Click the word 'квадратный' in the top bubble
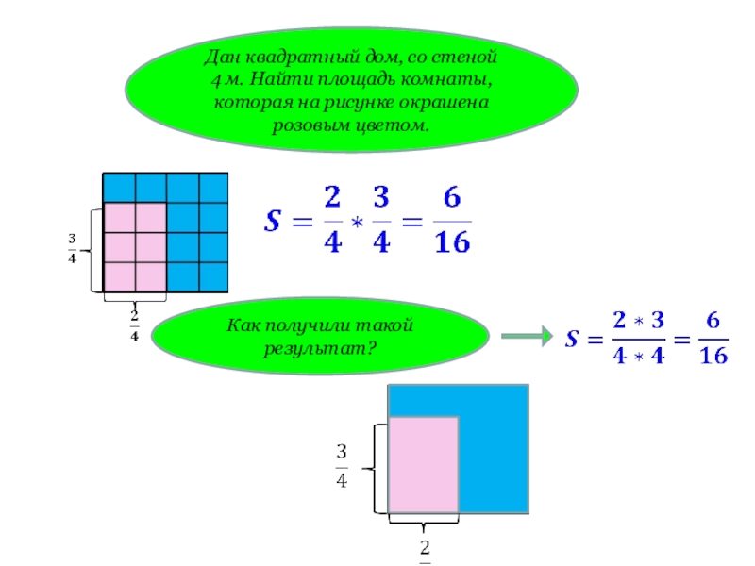click(296, 58)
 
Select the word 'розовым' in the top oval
click(314, 125)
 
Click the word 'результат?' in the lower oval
click(320, 348)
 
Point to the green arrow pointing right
click(525, 337)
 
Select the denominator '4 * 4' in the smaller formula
click(637, 357)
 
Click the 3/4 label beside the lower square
click(341, 465)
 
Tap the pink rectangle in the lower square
click(424, 465)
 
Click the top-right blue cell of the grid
click(213, 187)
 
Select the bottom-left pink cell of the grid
click(119, 276)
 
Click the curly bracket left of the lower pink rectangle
click(377, 467)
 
